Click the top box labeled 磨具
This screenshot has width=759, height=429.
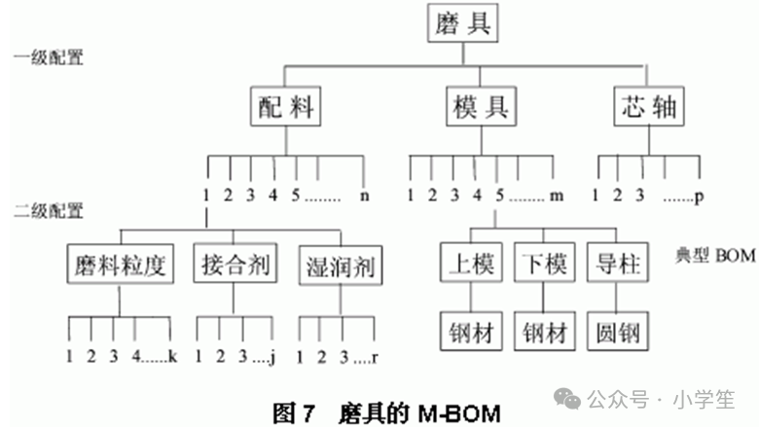click(x=463, y=23)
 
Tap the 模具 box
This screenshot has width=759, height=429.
click(x=482, y=107)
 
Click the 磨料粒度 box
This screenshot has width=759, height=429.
click(x=122, y=264)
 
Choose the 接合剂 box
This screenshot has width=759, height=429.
click(x=236, y=264)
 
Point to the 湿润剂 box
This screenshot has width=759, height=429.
click(x=340, y=264)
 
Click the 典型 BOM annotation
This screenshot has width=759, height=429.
click(x=715, y=256)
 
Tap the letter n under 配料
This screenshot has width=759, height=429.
click(x=364, y=194)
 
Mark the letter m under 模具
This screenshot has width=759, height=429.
click(x=557, y=195)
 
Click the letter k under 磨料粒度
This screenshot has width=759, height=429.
click(x=172, y=356)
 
